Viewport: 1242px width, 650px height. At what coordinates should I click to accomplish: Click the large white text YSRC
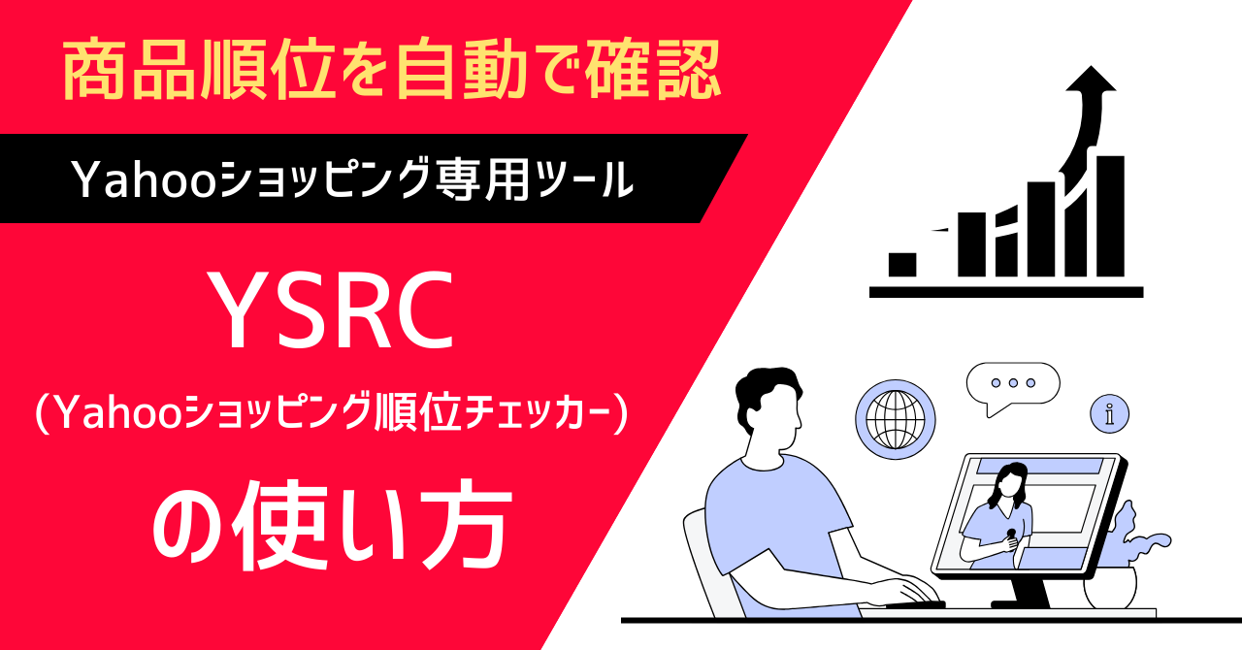tap(331, 311)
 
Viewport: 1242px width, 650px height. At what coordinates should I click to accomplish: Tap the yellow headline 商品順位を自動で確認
tap(391, 69)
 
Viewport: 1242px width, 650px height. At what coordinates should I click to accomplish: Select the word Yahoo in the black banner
tap(143, 180)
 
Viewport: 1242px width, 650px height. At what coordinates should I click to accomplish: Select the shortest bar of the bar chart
tap(902, 265)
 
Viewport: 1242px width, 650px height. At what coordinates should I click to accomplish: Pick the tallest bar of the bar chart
tap(1111, 215)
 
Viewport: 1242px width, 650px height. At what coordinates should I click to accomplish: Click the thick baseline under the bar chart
tap(1006, 292)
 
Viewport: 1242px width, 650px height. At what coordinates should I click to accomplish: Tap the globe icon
tap(896, 420)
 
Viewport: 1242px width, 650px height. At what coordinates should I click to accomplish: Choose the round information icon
tap(1109, 413)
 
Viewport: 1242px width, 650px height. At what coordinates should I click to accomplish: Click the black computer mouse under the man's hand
tap(915, 603)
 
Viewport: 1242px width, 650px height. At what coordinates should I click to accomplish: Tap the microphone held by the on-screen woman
tap(1011, 536)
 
